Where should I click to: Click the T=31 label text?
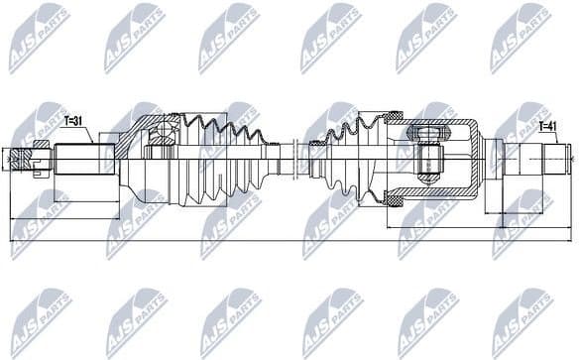click(x=76, y=122)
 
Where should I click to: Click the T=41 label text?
click(x=547, y=126)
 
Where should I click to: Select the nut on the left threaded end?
click(x=40, y=158)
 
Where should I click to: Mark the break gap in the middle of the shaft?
click(x=297, y=159)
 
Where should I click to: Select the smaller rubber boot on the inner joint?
click(x=347, y=159)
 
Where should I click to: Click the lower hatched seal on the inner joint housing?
click(x=395, y=201)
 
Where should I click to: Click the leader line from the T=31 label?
click(x=88, y=134)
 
